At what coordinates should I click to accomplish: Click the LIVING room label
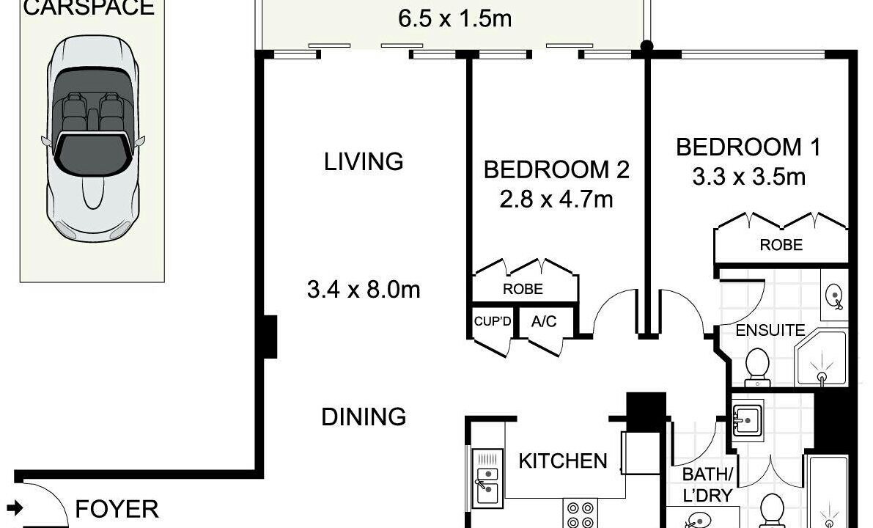364,161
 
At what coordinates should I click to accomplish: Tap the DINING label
364,417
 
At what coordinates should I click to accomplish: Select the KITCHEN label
563,461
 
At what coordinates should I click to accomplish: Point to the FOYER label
117,509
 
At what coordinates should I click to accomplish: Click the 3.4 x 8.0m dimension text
364,290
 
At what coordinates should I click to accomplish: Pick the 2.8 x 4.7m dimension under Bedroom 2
556,199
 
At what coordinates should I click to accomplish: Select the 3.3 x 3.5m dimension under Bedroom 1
749,177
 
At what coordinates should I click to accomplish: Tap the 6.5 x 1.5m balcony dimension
455,18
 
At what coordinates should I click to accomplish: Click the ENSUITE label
770,330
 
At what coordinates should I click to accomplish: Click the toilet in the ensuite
757,367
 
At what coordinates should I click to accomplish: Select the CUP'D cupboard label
492,321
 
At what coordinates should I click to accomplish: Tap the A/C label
544,321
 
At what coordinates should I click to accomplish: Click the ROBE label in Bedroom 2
523,289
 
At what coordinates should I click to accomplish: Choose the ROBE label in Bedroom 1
781,244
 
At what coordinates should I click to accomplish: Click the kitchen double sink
487,479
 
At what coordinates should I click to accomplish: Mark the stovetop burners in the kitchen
581,514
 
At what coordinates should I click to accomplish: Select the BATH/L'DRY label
707,485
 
